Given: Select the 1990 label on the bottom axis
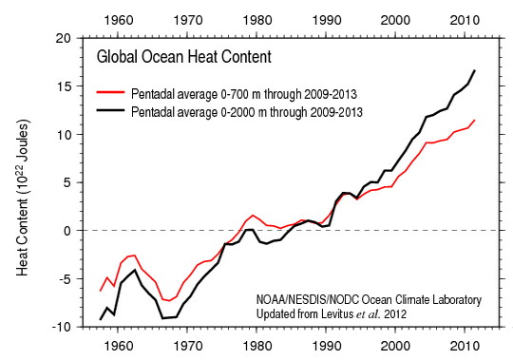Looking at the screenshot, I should [x=327, y=346].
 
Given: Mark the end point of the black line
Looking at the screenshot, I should [x=475, y=71].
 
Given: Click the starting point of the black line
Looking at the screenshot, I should [x=101, y=319].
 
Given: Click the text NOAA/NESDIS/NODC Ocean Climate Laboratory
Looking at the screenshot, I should [x=370, y=299].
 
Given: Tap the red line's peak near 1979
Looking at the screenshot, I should [x=253, y=216].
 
